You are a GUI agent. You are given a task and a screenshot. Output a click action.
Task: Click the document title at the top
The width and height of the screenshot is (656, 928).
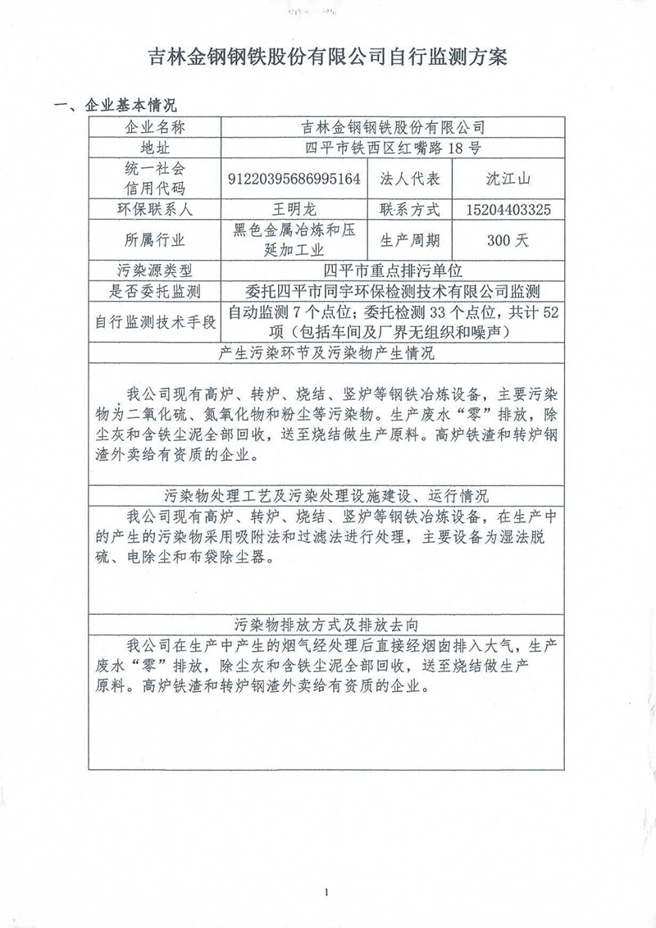coord(327,57)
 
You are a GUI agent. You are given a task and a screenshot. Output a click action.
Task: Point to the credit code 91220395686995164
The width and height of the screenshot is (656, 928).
coord(298,178)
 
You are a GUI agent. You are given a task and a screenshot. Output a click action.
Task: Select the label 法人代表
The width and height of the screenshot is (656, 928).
coord(411,178)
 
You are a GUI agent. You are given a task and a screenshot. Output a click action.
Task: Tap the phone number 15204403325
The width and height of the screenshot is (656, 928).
coord(505,209)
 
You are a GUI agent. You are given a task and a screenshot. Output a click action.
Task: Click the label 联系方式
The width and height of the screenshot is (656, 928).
coord(411,209)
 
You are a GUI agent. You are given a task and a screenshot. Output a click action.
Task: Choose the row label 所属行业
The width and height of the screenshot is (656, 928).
coord(153,240)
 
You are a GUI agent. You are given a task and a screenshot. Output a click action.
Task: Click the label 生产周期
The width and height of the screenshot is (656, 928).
coord(411,240)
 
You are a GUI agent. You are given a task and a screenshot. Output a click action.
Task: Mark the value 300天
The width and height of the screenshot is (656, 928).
coord(505,240)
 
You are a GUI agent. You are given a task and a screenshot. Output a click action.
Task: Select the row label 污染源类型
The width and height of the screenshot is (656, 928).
coord(153,271)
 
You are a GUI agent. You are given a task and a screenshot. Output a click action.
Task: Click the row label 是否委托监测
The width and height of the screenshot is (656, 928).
coord(153,291)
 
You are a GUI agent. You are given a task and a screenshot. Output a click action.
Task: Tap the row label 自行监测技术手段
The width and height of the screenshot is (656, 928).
coord(153,322)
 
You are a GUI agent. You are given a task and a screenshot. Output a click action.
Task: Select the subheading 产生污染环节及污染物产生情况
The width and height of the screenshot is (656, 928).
coord(327,354)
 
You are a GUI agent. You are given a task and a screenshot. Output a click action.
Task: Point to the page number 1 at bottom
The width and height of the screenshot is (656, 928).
coord(326,891)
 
